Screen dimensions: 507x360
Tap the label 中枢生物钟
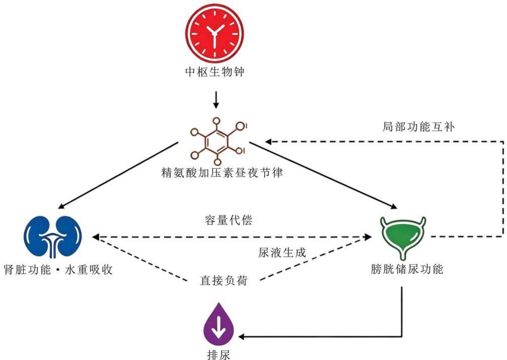point(214,72)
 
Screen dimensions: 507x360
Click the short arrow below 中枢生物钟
point(216,100)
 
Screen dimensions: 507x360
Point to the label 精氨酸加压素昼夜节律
point(222,172)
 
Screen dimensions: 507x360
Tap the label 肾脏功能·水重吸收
point(58,269)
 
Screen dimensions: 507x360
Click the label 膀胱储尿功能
point(407,269)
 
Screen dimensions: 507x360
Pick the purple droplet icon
point(219,324)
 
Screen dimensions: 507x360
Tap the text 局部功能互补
point(418,126)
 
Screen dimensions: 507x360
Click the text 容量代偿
point(228,220)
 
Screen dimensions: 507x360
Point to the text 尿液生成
point(281,252)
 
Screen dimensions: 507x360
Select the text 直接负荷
point(224,280)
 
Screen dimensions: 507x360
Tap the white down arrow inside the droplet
point(219,327)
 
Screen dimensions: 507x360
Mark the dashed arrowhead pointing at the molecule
point(269,141)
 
